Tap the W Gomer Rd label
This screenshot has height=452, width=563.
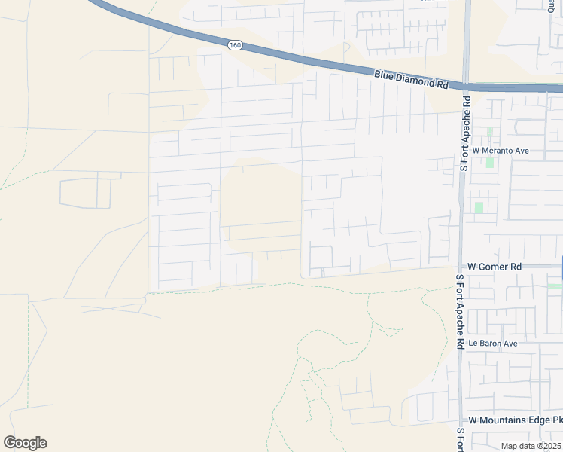495,267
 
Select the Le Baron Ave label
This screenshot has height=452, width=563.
493,344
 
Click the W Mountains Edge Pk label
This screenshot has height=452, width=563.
515,420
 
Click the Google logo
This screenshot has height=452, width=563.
25,443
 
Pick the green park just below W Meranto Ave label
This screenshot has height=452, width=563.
490,161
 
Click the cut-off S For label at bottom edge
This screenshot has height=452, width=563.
461,440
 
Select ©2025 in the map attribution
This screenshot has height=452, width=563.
549,446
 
